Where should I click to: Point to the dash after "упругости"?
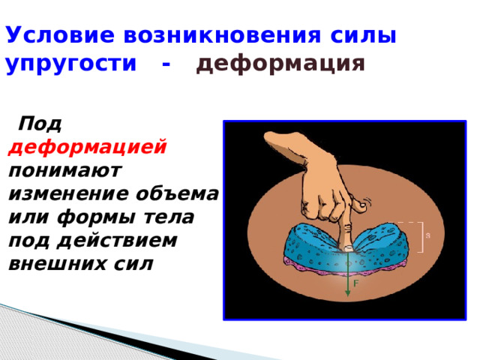pyautogui.click(x=166, y=64)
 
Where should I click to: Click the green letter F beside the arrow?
pyautogui.click(x=355, y=284)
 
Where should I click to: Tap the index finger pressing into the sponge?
pyautogui.click(x=349, y=232)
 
